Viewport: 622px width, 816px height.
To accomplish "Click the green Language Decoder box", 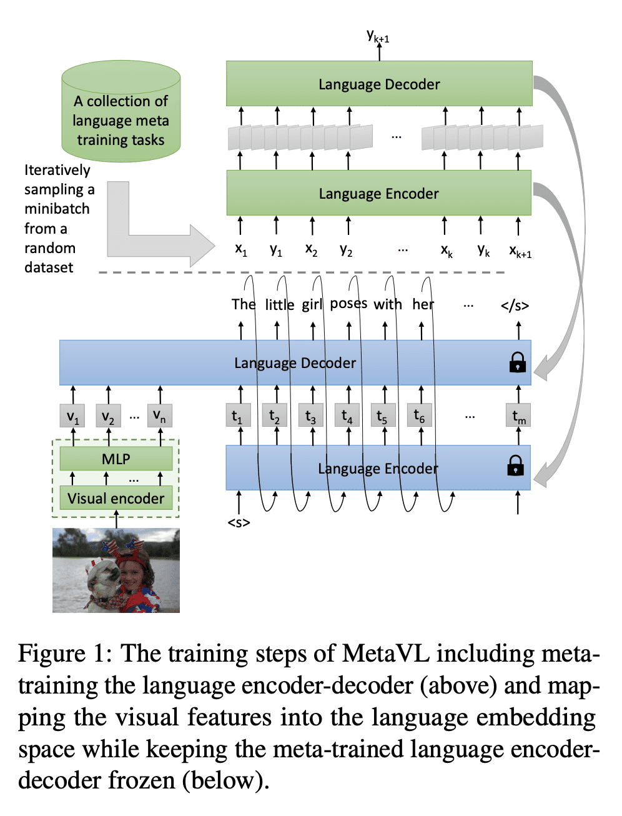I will [379, 84].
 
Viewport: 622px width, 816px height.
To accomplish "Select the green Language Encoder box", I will [378, 193].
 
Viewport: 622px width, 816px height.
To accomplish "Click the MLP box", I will [116, 459].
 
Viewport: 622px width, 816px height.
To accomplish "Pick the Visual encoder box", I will [116, 499].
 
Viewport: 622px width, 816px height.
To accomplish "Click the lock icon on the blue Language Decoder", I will [517, 362].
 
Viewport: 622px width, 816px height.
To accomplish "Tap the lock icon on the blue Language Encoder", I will [515, 465].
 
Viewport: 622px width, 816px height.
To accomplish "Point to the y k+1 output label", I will [378, 36].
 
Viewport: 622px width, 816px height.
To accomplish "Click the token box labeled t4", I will [347, 416].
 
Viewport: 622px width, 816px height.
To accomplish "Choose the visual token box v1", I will [73, 416].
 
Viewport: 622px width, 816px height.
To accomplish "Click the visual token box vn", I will [160, 416].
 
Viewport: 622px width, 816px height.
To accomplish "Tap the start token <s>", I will [239, 522].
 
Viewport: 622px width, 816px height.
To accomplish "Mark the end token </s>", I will [515, 306].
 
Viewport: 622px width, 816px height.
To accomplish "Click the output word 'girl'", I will [312, 304].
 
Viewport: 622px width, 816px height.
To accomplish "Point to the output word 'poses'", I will [348, 304].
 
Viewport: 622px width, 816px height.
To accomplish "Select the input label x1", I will [241, 249].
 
